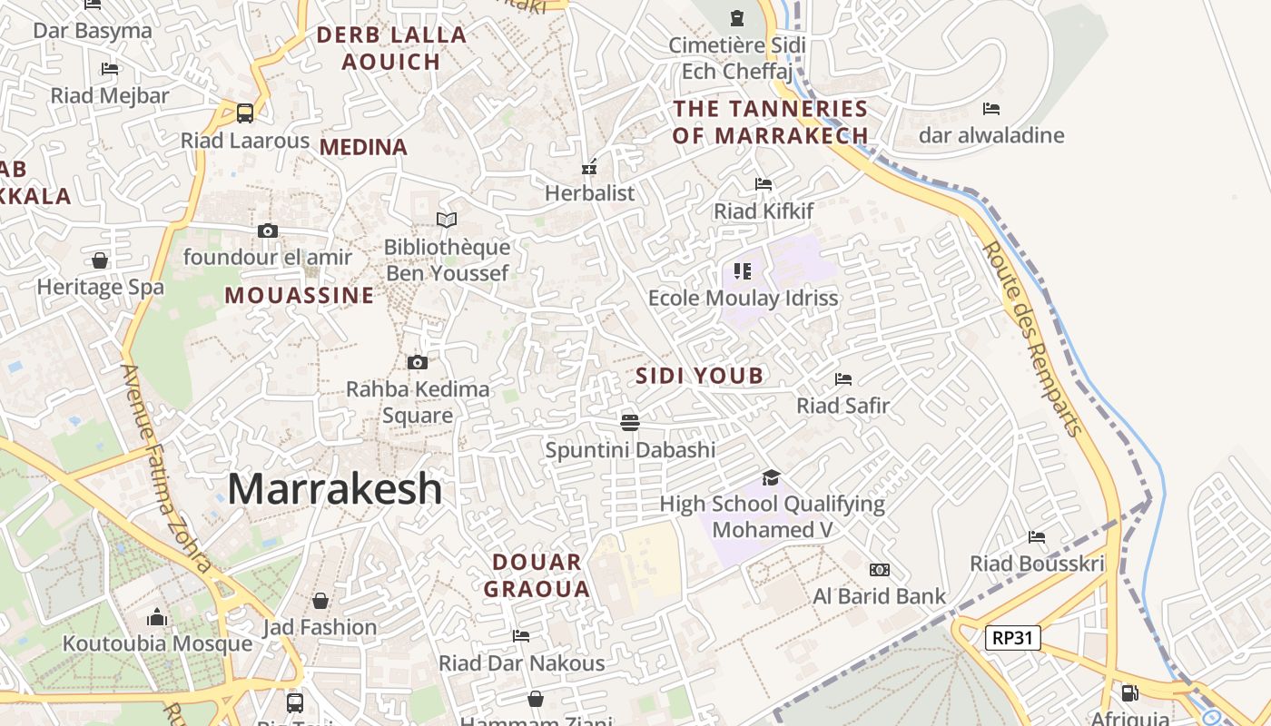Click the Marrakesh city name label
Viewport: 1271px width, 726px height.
point(334,489)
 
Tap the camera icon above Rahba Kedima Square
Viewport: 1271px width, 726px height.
point(417,363)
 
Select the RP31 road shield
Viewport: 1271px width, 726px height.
point(1012,638)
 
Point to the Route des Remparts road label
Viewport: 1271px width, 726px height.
point(1033,338)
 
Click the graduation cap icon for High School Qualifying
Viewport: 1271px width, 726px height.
point(771,477)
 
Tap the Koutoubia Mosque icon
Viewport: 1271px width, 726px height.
point(157,618)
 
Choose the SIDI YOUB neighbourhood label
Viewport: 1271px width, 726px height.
point(699,376)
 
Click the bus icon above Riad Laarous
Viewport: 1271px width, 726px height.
point(244,113)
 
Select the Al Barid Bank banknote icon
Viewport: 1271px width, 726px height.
point(879,570)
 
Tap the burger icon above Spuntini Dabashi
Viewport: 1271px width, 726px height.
point(630,422)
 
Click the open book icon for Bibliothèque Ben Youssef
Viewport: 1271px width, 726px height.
point(446,220)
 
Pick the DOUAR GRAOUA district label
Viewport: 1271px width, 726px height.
point(537,575)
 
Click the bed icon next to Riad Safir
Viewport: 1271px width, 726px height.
point(842,378)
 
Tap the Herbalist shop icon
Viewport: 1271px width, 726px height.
point(589,167)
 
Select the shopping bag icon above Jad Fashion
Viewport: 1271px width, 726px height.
point(320,601)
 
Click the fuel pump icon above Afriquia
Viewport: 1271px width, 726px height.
point(1129,694)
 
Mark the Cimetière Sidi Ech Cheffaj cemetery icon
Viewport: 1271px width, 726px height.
point(736,18)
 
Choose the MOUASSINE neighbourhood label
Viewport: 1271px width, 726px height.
point(299,295)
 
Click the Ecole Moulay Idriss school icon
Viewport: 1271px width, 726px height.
point(743,270)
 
